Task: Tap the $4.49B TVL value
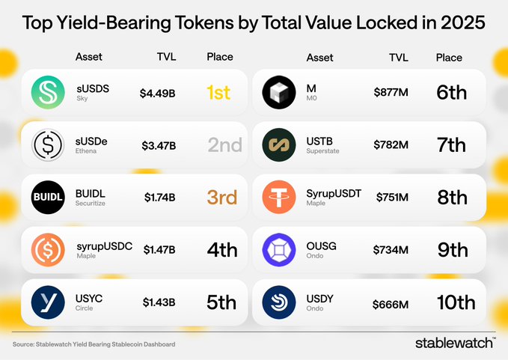[158, 94]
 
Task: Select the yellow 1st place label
[218, 93]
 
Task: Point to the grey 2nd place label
[224, 145]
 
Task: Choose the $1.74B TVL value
[160, 198]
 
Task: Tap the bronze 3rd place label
[221, 198]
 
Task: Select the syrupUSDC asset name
[104, 245]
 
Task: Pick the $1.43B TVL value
[159, 303]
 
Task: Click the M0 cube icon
[280, 93]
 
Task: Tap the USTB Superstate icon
[280, 145]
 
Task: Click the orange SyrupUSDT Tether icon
[280, 198]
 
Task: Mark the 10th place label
[456, 302]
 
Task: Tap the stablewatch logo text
[454, 343]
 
